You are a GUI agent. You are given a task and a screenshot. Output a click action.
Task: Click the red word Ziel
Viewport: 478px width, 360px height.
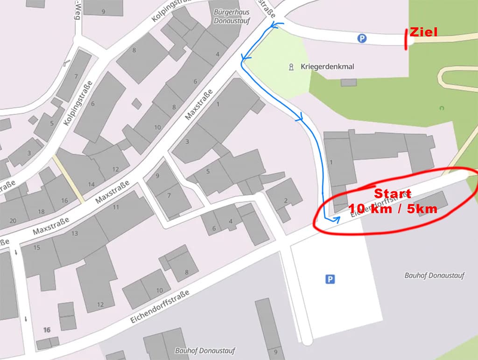pyautogui.click(x=424, y=32)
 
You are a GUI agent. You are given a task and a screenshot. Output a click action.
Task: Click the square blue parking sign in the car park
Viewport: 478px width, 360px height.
pyautogui.click(x=330, y=279)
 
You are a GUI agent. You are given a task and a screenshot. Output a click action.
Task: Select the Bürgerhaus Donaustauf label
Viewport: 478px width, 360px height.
pyautogui.click(x=231, y=16)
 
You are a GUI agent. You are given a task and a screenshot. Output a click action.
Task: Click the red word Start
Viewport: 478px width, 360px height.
pyautogui.click(x=393, y=194)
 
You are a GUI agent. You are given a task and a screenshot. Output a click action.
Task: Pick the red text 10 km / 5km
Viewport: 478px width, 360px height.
pyautogui.click(x=393, y=208)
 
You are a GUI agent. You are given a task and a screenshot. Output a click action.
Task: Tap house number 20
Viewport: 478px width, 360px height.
pyautogui.click(x=13, y=221)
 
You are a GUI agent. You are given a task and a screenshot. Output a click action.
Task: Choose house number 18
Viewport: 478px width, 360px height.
pyautogui.click(x=41, y=211)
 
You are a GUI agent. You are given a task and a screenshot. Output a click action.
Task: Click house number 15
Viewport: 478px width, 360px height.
pyautogui.click(x=37, y=247)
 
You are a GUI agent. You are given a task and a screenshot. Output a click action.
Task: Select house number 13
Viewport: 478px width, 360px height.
pyautogui.click(x=75, y=234)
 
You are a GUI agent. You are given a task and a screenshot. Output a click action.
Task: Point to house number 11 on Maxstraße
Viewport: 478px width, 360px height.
pyautogui.click(x=116, y=207)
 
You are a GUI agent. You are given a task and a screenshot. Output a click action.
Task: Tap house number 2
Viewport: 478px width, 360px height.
pyautogui.click(x=285, y=201)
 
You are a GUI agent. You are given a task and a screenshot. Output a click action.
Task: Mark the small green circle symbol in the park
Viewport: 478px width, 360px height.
pyautogui.click(x=442, y=108)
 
